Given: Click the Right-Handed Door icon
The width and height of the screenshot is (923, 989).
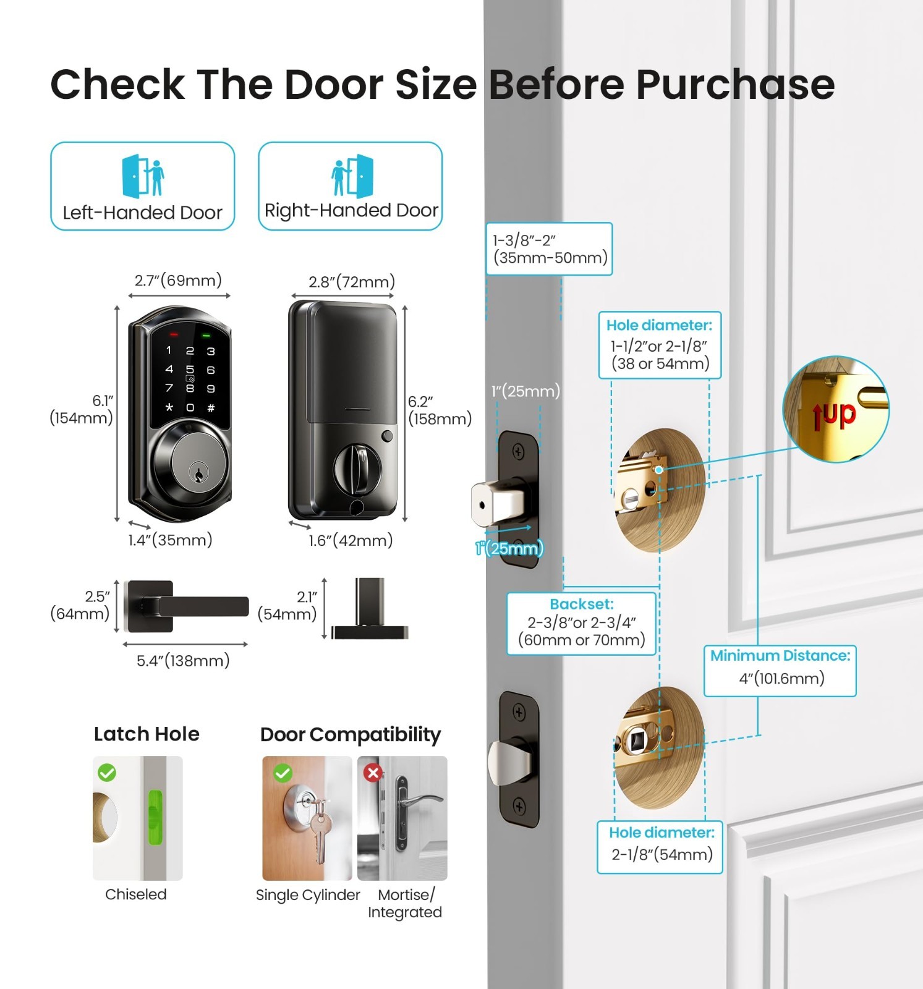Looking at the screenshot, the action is tap(352, 176).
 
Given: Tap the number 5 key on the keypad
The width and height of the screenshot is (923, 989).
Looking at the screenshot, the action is tap(190, 370).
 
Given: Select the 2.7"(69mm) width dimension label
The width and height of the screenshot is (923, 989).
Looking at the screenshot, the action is tap(178, 281).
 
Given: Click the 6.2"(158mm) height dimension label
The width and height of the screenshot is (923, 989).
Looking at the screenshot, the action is tap(440, 410).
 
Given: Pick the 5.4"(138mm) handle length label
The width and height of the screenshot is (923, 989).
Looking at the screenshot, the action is tap(183, 661).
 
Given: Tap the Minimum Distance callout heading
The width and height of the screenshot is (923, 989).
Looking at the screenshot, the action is tap(780, 655).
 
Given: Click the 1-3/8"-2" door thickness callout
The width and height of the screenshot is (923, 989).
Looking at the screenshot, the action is tap(550, 249).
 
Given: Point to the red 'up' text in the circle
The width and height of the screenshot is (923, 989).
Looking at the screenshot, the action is tap(834, 415).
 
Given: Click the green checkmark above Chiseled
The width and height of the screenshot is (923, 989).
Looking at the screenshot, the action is tap(107, 773).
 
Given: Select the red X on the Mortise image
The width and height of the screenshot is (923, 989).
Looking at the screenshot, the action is tap(373, 773).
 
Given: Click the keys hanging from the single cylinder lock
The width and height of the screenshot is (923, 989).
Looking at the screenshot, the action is tap(319, 831).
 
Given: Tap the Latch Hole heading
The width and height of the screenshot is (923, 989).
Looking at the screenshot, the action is tap(147, 734).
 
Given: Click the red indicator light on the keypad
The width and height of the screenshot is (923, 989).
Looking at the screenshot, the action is tap(174, 334).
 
